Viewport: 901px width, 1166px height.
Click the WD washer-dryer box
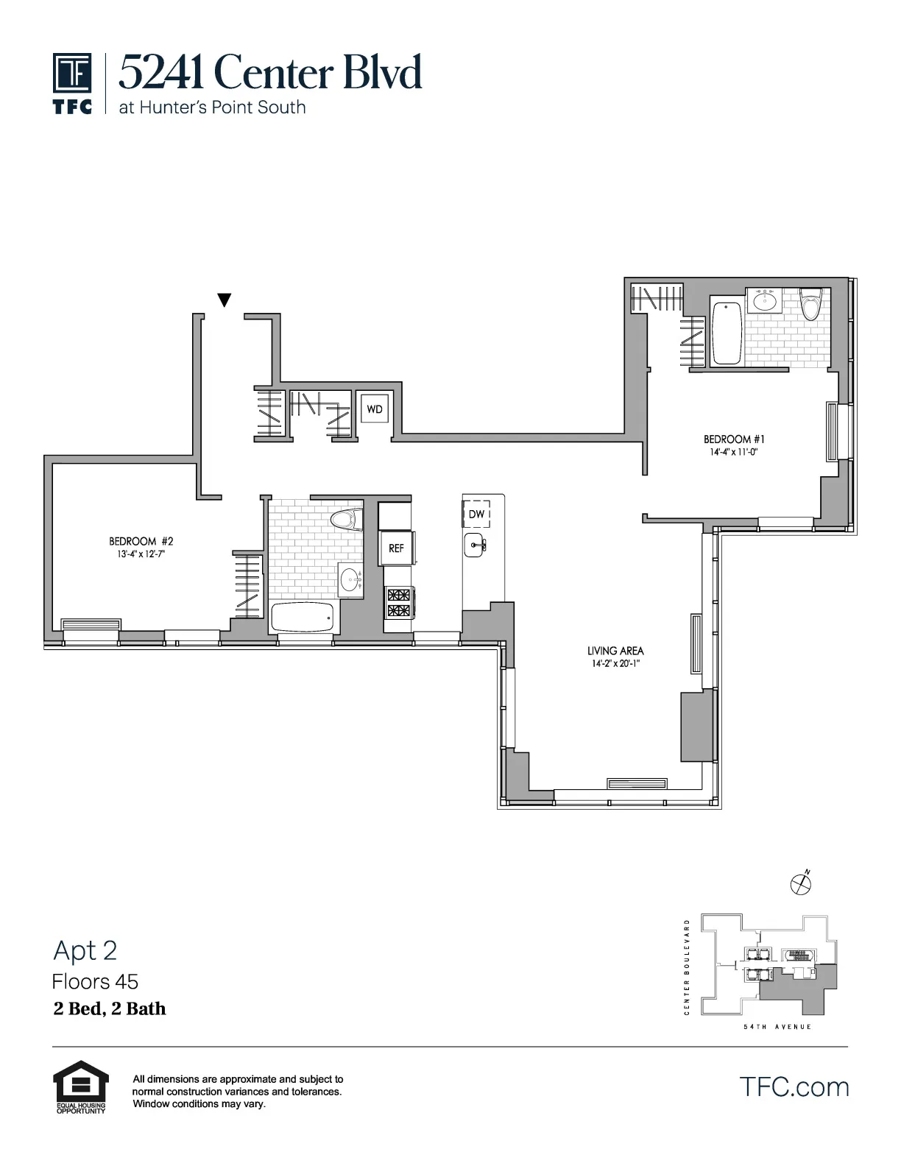[375, 409]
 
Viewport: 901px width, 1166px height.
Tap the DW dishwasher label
[476, 514]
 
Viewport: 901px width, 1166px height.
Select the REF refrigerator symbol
[396, 548]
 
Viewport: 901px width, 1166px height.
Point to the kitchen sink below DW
[476, 546]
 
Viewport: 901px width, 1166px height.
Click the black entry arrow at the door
[225, 300]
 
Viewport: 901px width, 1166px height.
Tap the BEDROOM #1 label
[729, 439]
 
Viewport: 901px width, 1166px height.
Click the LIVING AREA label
[615, 651]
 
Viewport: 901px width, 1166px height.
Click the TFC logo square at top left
[72, 74]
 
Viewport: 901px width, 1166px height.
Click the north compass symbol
[800, 883]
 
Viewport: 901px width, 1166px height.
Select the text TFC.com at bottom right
[794, 1087]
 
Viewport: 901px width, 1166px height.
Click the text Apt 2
[85, 951]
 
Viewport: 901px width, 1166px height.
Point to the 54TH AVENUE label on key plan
[777, 1027]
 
